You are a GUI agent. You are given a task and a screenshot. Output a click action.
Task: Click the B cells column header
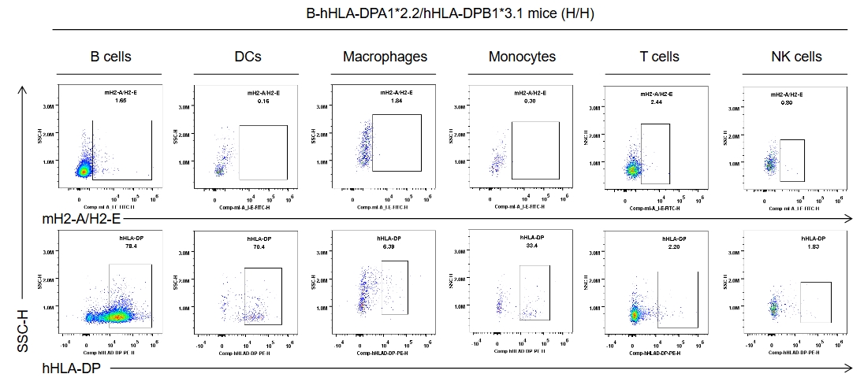(x=110, y=57)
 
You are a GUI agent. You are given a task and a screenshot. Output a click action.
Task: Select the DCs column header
(x=248, y=57)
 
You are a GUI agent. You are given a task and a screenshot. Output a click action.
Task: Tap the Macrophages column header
(x=385, y=57)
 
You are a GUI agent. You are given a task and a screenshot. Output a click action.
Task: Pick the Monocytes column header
(x=522, y=57)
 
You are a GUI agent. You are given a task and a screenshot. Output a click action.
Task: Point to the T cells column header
(x=659, y=57)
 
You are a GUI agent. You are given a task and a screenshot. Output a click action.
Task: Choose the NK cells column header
(x=796, y=57)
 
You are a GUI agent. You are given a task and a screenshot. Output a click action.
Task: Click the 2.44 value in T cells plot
(x=657, y=102)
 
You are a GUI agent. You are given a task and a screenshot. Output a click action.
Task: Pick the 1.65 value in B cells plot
(x=121, y=101)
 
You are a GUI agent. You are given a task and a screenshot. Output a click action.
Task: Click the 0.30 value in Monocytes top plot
(x=530, y=101)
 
